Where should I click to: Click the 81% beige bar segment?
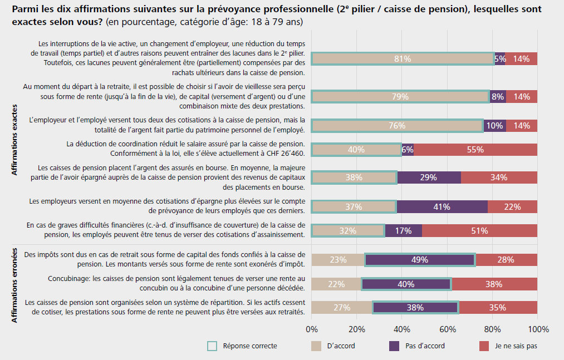(403, 58)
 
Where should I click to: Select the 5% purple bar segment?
(499, 58)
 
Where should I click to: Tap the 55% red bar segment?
(475, 149)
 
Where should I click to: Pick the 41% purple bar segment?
(443, 206)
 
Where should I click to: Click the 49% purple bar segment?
(420, 259)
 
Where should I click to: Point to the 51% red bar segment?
(479, 230)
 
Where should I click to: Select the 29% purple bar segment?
(429, 177)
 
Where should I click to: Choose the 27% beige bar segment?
(341, 307)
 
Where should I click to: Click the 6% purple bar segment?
(408, 149)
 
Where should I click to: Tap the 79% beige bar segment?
(400, 96)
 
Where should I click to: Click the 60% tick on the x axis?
(447, 329)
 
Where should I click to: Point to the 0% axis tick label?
(312, 329)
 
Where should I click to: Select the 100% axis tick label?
(538, 329)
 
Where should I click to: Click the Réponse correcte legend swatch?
(212, 346)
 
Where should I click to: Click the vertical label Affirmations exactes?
(14, 140)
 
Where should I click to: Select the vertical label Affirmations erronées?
(14, 285)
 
